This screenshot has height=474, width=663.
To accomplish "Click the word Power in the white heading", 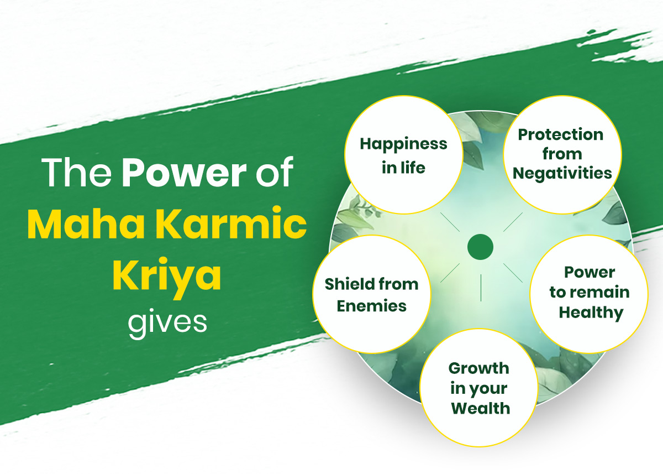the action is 184,172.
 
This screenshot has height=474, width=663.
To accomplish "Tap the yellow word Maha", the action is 86,223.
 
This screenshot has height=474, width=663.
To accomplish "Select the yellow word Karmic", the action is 231,223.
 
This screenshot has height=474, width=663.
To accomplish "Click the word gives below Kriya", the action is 167,323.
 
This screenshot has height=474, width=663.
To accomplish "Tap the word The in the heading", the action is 76,172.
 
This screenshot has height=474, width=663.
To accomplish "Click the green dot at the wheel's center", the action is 480,247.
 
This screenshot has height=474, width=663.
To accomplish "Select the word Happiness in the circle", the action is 403,145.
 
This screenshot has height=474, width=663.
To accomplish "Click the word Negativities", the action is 562,173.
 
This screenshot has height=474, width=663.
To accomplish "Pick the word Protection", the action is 561,135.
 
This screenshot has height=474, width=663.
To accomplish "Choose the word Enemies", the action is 371,306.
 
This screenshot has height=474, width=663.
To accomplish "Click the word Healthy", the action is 591,313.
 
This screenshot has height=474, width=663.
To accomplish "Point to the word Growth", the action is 478,368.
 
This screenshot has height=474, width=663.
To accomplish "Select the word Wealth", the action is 480,408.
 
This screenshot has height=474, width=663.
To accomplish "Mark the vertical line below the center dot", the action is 481,288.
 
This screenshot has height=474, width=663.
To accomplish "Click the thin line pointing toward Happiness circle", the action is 450,222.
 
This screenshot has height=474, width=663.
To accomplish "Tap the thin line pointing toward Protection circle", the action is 513,222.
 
